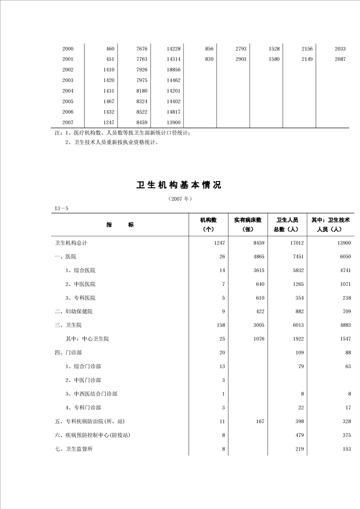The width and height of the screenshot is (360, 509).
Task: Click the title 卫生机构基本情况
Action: pos(179,185)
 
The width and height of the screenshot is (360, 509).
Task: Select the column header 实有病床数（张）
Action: pos(248,225)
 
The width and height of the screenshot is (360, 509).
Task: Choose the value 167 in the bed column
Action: pos(260,421)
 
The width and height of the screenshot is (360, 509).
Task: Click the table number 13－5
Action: pos(62,208)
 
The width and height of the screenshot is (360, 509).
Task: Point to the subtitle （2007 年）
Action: pos(180,199)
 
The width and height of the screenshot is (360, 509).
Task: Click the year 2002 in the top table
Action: pos(68,70)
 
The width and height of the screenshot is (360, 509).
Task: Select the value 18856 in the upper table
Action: pos(173,70)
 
